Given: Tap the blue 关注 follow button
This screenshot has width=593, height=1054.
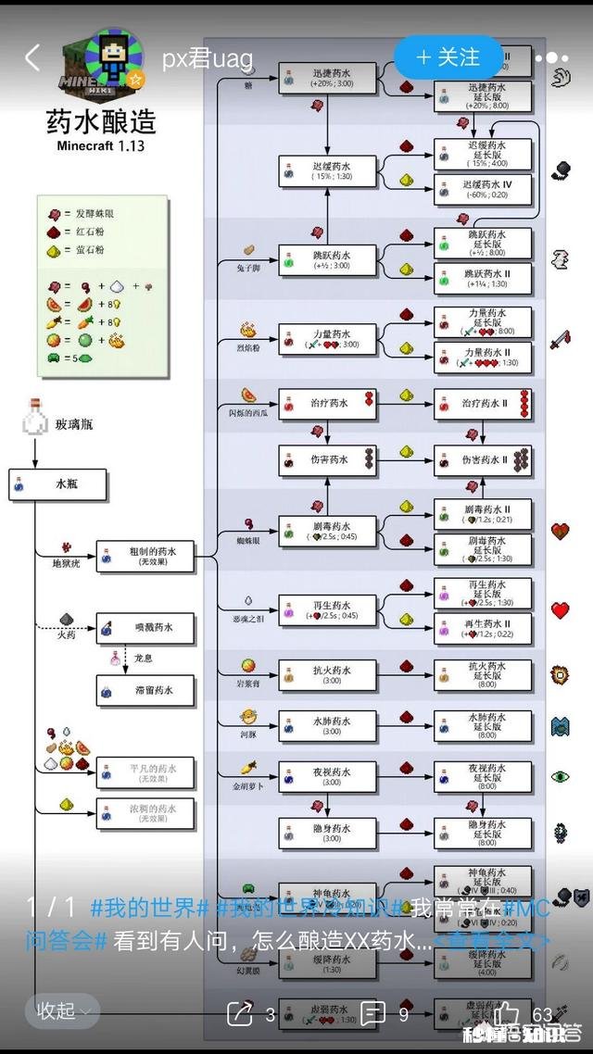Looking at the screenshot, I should click(x=448, y=57).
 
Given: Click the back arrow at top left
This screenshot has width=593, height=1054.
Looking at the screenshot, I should click(x=32, y=58).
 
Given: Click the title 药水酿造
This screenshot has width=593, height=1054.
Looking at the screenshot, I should click(x=101, y=121).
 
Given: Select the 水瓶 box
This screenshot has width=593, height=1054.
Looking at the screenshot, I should click(x=57, y=484).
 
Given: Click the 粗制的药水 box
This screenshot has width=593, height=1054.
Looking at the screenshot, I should click(x=145, y=557).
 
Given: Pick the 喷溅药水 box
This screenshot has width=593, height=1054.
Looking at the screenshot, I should click(x=145, y=629).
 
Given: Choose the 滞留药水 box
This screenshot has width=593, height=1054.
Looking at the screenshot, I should click(x=145, y=690).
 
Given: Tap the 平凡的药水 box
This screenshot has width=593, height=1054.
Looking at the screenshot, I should click(x=145, y=773).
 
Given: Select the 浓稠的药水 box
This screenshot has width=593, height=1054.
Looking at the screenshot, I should click(x=145, y=813).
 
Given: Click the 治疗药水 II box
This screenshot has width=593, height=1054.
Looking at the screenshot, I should click(x=484, y=404).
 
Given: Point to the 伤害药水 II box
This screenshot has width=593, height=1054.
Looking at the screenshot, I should click(x=484, y=460).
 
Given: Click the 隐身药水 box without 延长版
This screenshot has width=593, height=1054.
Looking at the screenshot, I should click(x=328, y=831).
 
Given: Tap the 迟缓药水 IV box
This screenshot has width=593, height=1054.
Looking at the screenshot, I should click(x=484, y=189).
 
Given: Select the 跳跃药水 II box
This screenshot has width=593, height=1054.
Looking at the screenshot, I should click(x=484, y=276).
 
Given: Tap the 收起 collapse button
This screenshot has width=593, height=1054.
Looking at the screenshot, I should click(x=62, y=1011).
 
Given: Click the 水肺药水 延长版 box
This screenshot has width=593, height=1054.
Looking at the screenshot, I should click(x=484, y=725).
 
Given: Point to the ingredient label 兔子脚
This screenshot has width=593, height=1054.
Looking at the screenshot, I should click(x=247, y=266).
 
